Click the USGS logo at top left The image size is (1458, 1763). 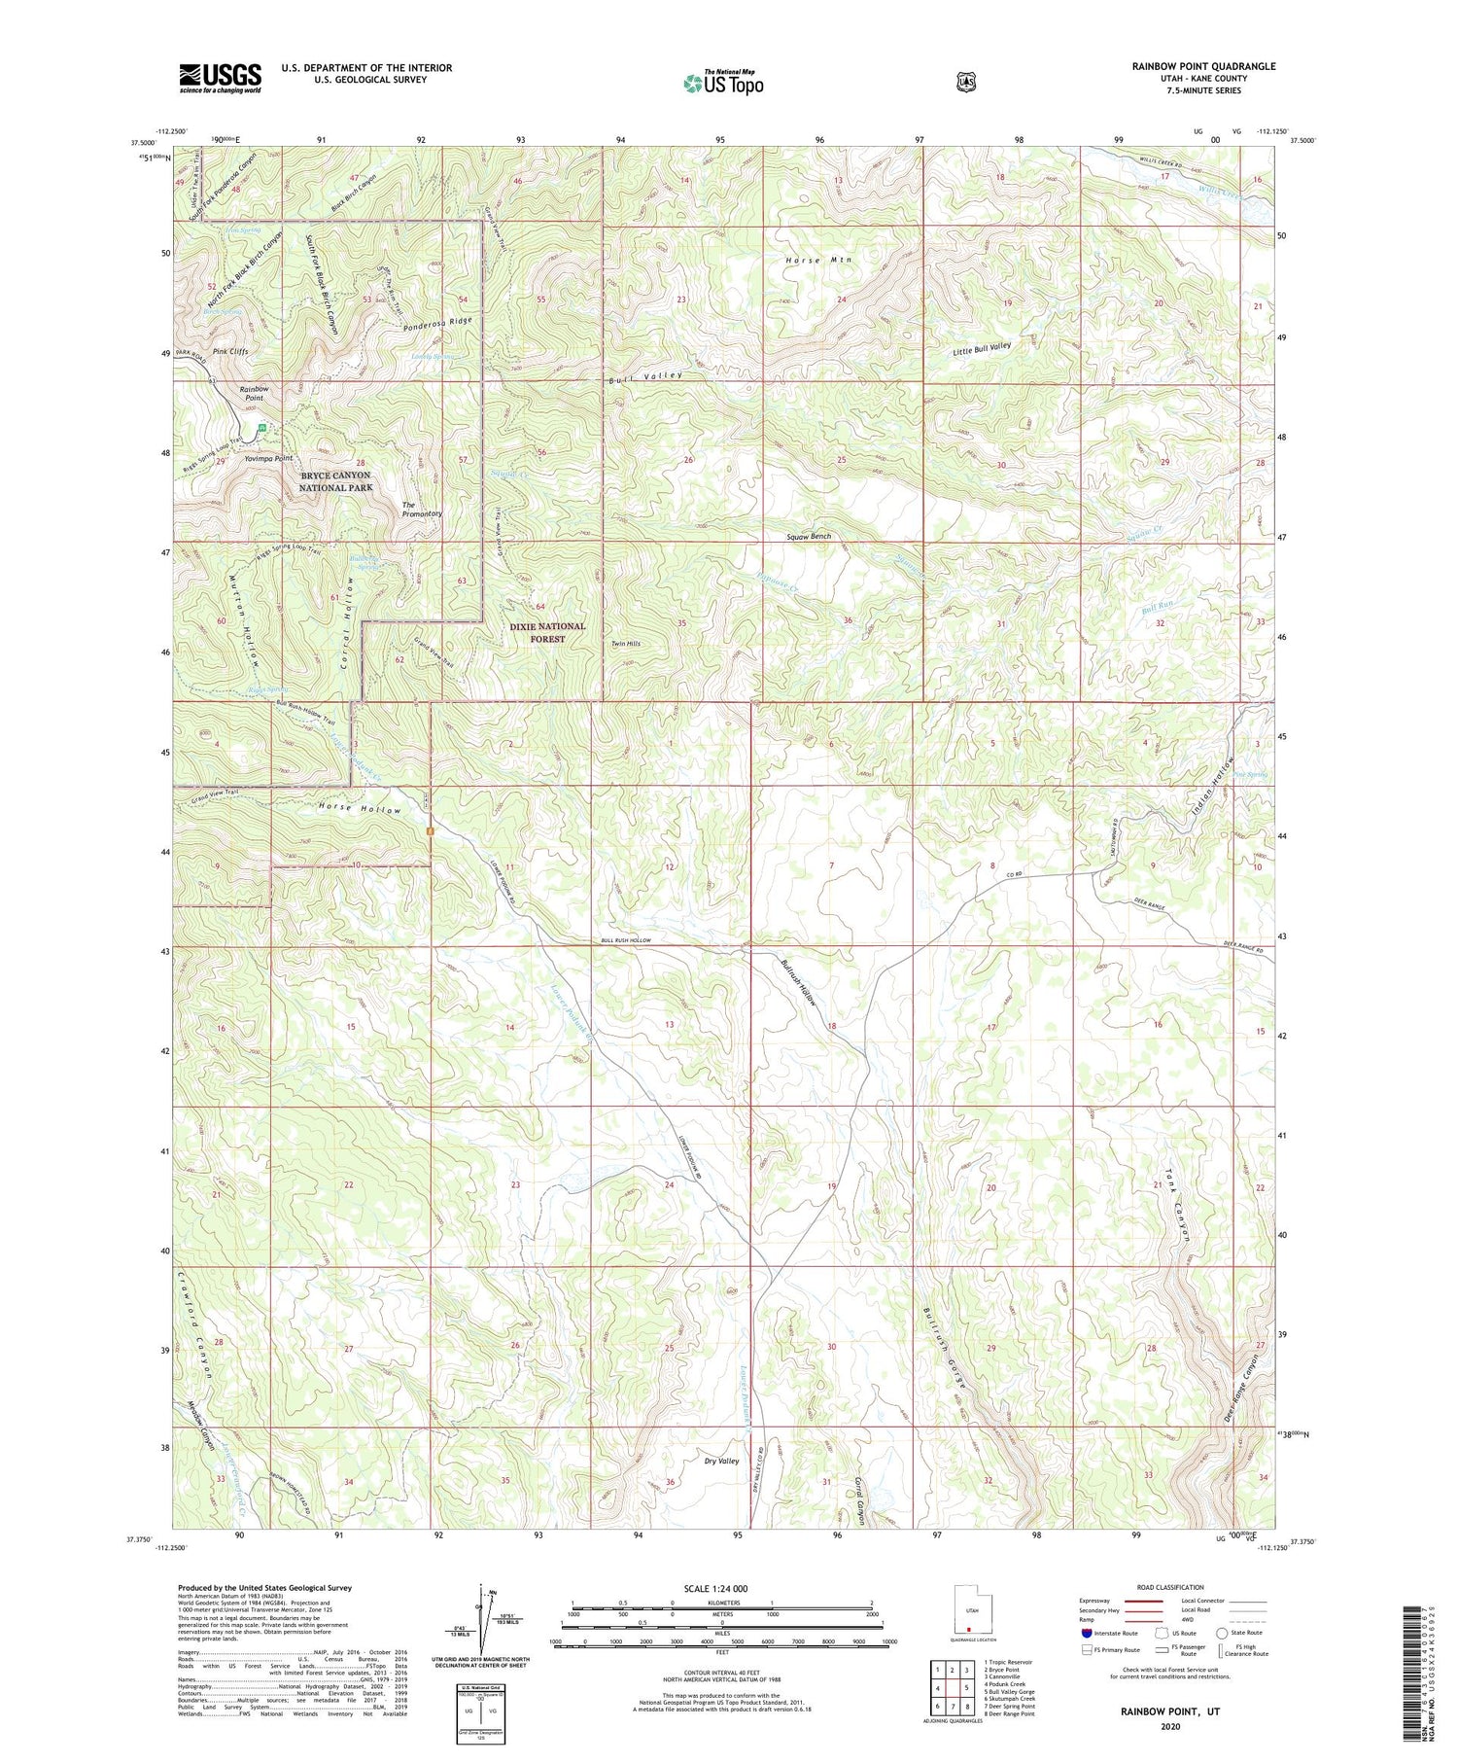pyautogui.click(x=220, y=78)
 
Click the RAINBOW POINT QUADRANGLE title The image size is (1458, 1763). pyautogui.click(x=1203, y=66)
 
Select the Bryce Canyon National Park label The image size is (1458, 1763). pyautogui.click(x=335, y=481)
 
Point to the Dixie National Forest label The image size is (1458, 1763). pyautogui.click(x=547, y=632)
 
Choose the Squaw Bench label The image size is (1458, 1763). pyautogui.click(x=809, y=537)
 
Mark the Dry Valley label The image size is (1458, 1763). pyautogui.click(x=721, y=1462)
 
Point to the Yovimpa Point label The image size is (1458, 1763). pyautogui.click(x=269, y=458)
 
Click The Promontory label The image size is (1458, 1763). pyautogui.click(x=422, y=509)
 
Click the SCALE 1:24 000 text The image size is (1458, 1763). pyautogui.click(x=721, y=1588)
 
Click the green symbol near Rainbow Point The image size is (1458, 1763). pyautogui.click(x=260, y=427)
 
